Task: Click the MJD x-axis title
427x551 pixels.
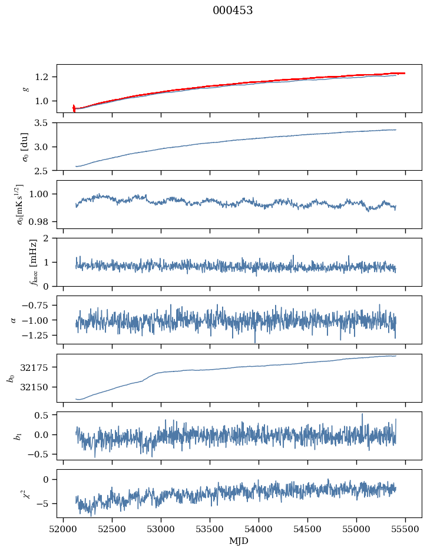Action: (239, 540)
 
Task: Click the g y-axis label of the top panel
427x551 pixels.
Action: (25, 88)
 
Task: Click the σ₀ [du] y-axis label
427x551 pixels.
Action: (25, 147)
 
